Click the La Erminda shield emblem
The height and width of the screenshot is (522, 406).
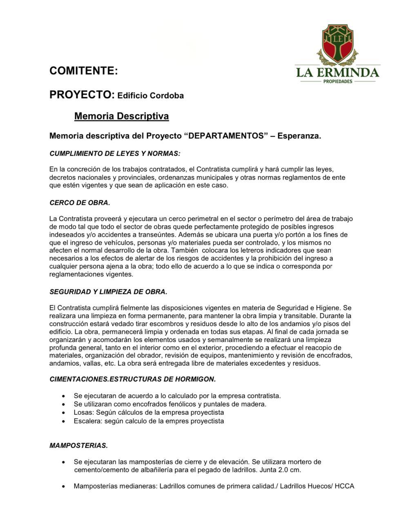pos(337,44)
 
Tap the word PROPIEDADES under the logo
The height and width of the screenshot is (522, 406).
pos(337,81)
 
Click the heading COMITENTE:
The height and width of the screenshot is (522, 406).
pos(83,71)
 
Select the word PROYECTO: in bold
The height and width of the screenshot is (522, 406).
pos(82,95)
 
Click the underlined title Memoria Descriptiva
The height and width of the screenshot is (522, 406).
pos(121,116)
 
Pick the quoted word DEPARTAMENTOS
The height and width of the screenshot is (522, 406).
pos(228,136)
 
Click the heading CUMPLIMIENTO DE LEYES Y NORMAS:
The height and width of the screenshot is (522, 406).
pos(115,154)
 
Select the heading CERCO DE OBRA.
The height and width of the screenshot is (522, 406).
pos(80,203)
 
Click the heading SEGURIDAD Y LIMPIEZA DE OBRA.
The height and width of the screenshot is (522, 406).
pos(108,292)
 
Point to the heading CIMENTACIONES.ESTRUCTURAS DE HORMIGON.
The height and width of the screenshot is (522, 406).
pos(132,379)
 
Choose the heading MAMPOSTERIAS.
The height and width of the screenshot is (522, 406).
pos(78,446)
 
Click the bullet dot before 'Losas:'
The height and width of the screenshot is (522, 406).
pos(63,413)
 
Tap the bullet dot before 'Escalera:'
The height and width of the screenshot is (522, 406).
pos(63,421)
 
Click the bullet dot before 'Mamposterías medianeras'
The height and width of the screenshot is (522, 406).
pos(63,487)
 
